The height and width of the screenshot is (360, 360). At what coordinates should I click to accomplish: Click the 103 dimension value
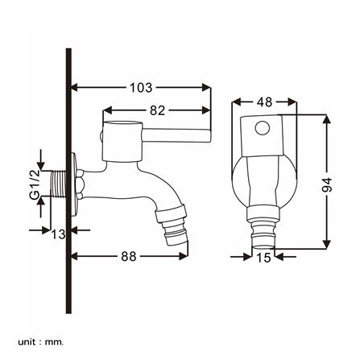[141, 88]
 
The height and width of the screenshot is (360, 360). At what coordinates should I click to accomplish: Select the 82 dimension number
[157, 110]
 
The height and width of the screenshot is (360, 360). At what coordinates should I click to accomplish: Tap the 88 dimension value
[129, 256]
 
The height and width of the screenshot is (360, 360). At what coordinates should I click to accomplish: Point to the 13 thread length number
[59, 234]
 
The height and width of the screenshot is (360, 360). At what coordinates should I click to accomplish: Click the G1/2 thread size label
[35, 184]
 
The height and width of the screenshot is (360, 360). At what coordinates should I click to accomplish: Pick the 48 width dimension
[265, 102]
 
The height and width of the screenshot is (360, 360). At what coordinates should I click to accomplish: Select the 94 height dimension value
[327, 184]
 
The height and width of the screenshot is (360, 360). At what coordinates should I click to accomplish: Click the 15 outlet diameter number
[263, 258]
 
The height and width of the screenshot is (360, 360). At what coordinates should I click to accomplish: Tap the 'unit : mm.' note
[40, 334]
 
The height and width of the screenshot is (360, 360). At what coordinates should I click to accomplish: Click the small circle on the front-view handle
[263, 128]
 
